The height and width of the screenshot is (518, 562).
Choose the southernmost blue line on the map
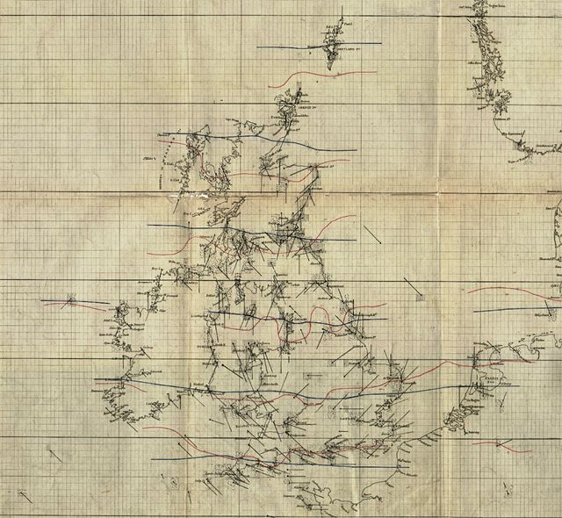pos(220,456)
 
